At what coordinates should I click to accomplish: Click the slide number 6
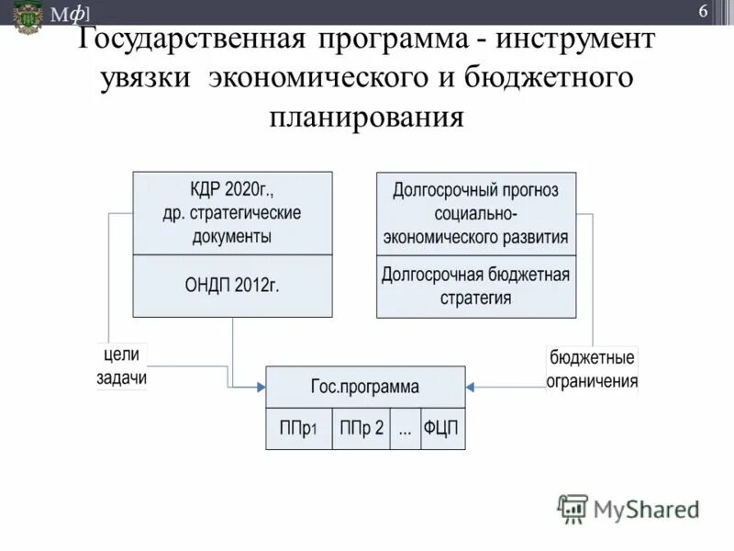click(703, 12)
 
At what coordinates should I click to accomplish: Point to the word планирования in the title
click(366, 117)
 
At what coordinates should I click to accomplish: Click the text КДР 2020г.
click(233, 189)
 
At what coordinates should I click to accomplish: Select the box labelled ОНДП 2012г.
click(233, 286)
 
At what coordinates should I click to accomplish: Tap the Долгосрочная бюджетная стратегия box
click(476, 287)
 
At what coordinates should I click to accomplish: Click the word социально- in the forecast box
click(476, 214)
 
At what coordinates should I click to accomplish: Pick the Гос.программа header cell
click(365, 387)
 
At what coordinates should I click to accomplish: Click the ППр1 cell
click(297, 429)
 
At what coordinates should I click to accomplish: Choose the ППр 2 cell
click(361, 429)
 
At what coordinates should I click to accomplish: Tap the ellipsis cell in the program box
click(405, 429)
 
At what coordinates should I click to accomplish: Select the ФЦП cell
click(442, 429)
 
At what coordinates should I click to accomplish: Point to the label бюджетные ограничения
click(592, 369)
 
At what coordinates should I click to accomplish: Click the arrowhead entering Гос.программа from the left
click(261, 388)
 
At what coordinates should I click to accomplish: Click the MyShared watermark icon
click(573, 508)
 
